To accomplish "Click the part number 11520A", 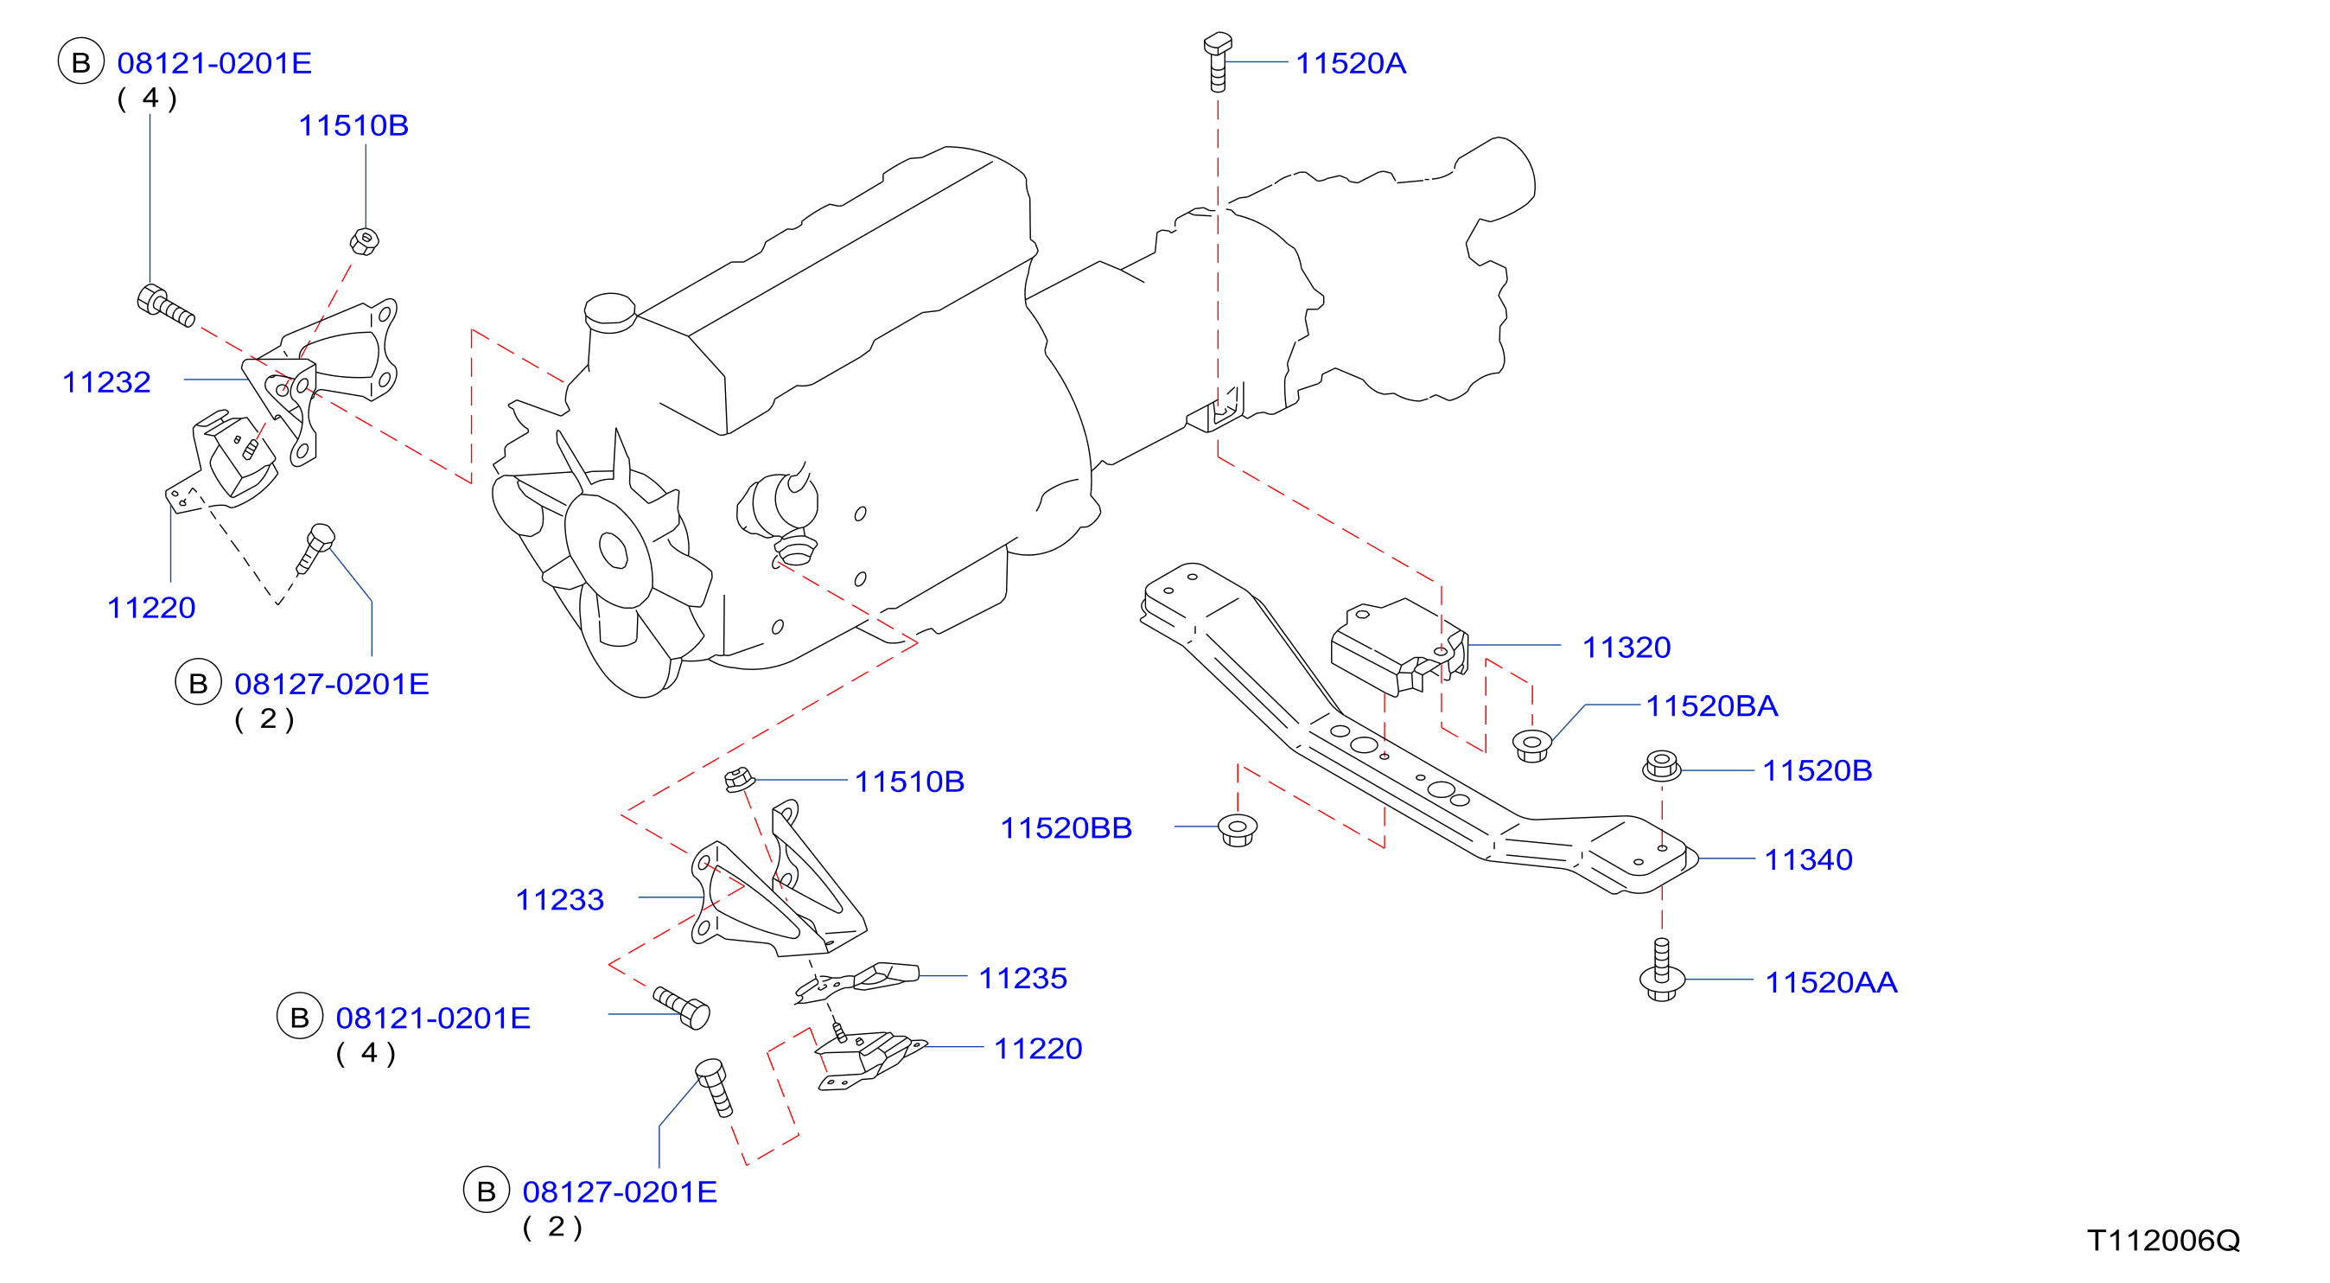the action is [1351, 63].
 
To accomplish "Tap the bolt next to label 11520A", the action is [1218, 61].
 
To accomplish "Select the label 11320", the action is [1627, 648].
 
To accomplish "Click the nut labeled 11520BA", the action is [1531, 744].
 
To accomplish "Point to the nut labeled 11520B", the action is [1662, 765].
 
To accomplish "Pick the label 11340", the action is [1808, 859].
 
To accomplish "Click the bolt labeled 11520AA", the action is [1662, 971].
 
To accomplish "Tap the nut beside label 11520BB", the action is [1238, 830].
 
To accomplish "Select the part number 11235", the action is [1023, 978].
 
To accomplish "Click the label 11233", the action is [559, 900].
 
